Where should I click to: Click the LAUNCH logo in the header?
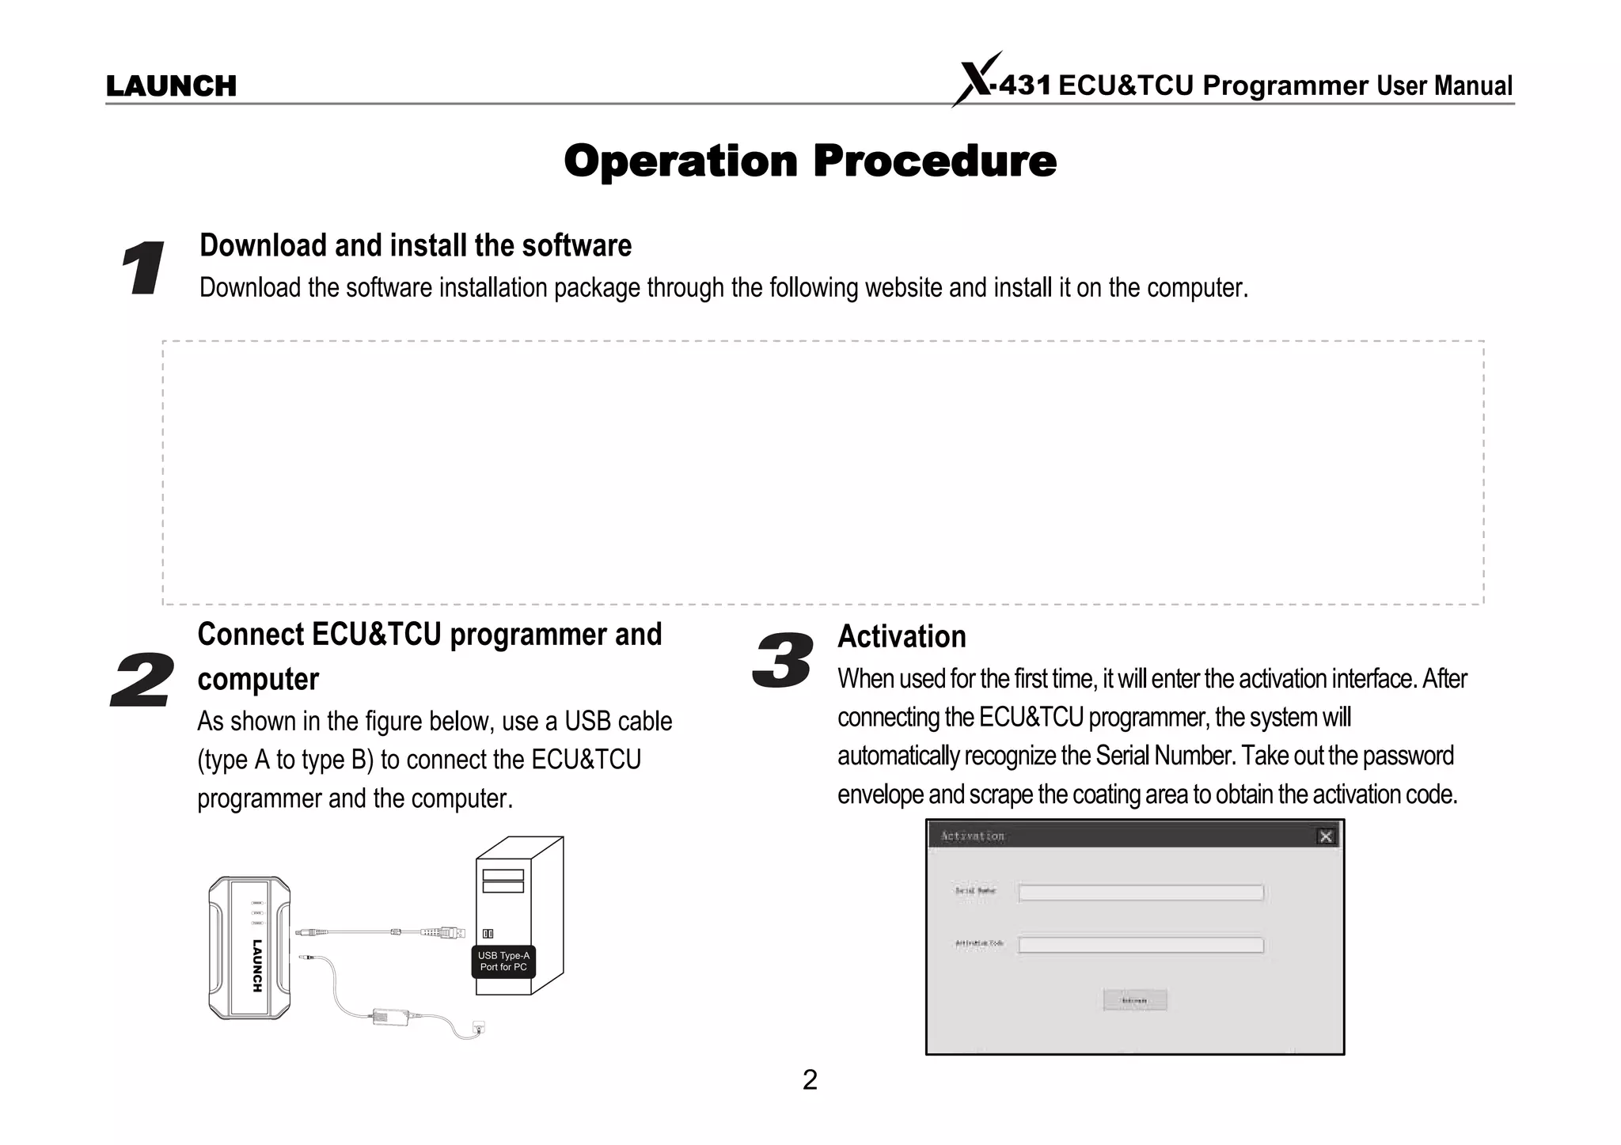[171, 85]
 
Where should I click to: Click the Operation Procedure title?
[810, 161]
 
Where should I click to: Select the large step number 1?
[143, 269]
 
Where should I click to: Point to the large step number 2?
[142, 680]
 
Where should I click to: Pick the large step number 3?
[782, 661]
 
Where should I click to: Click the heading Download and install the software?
[416, 245]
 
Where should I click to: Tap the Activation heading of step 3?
[902, 636]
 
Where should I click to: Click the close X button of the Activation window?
[1326, 836]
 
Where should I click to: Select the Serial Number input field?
[1141, 893]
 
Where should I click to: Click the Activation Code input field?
[1141, 945]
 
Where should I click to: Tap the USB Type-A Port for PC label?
[503, 961]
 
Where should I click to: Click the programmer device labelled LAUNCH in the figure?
[249, 947]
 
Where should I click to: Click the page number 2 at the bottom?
[810, 1080]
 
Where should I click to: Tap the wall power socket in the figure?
[478, 1028]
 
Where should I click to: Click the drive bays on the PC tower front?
[503, 881]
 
